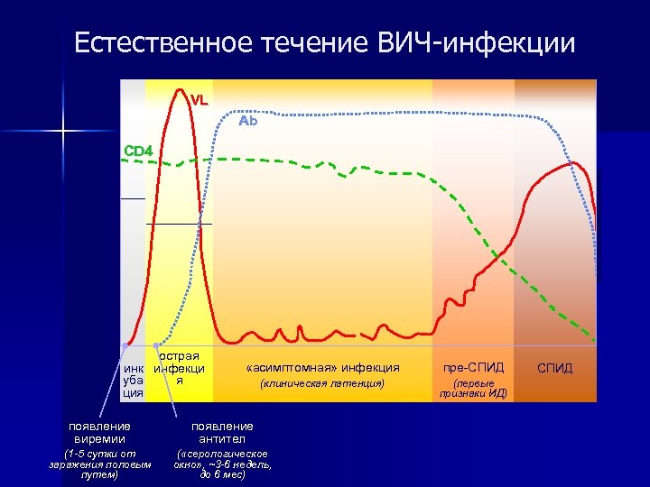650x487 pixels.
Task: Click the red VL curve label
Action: (199, 100)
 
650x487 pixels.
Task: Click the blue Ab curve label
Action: (247, 121)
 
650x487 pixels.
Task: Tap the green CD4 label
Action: (138, 151)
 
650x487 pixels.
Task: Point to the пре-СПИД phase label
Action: (473, 368)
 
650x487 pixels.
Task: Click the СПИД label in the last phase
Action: (554, 369)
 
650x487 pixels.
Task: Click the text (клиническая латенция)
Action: (322, 384)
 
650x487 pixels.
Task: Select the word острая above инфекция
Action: (180, 356)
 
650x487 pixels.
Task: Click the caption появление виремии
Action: (99, 432)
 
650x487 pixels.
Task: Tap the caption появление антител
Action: (222, 432)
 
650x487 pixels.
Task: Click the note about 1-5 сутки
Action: (99, 464)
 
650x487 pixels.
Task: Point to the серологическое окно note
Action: (222, 464)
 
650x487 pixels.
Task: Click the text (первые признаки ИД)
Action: (473, 388)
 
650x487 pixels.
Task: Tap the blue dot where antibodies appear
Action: (157, 345)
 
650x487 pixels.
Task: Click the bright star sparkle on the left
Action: (64, 133)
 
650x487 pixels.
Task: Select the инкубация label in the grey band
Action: (133, 381)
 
